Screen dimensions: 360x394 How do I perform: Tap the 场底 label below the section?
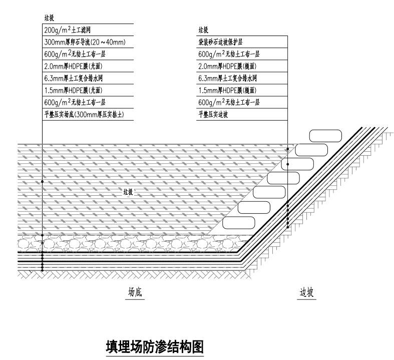point(134,293)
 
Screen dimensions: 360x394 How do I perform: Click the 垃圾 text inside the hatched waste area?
point(129,192)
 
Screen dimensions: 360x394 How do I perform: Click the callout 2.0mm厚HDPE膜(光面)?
point(73,66)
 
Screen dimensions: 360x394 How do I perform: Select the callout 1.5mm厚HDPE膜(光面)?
point(73,90)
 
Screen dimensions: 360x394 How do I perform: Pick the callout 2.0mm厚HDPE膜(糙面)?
point(227,66)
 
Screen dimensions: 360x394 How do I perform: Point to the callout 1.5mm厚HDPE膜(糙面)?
point(227,90)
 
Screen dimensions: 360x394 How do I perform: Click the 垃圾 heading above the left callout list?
point(49,19)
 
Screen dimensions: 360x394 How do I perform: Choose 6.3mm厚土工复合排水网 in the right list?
point(227,78)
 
